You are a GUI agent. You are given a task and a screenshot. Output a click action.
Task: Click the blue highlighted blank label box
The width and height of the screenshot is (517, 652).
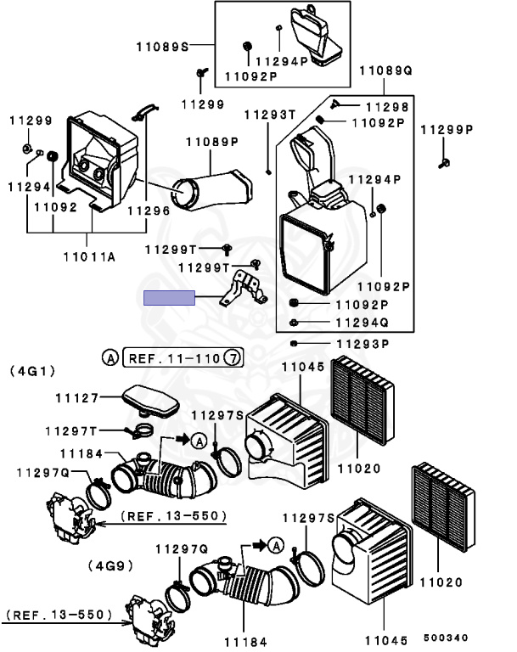click(169, 298)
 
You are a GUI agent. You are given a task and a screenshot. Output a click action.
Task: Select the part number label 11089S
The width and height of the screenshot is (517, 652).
click(163, 46)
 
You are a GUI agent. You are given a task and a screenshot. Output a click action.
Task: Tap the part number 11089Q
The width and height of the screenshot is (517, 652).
click(385, 70)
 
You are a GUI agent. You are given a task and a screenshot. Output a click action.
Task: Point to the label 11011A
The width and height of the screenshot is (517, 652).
click(89, 257)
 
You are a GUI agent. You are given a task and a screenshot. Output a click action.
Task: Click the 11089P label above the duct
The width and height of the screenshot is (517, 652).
click(212, 142)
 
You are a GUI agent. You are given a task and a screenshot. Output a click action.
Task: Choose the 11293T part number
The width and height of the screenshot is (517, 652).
click(270, 115)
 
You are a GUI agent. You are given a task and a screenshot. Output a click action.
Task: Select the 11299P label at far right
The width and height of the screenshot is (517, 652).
click(447, 130)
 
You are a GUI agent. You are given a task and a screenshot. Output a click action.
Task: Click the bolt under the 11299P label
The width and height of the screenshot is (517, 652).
click(444, 163)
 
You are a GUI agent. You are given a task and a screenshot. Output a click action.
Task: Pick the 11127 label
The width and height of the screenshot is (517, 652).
click(77, 398)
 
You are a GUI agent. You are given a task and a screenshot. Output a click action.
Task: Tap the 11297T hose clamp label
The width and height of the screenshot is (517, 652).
click(71, 431)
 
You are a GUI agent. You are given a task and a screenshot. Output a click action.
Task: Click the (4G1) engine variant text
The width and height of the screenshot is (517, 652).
click(32, 370)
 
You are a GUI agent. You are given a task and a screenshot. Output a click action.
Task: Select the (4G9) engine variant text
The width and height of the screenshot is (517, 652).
click(110, 565)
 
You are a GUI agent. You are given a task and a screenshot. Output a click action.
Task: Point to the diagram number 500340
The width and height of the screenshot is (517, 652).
click(446, 638)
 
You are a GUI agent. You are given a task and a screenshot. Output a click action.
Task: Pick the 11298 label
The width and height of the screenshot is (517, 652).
click(387, 107)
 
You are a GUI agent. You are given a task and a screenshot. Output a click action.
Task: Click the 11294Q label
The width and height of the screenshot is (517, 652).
click(362, 323)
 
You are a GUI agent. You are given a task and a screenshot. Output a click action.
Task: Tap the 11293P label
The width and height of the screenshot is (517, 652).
click(362, 344)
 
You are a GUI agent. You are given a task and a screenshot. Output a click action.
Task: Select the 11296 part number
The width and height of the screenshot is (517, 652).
click(149, 211)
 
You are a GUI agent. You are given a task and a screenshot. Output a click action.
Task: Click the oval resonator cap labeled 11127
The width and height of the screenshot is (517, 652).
click(150, 402)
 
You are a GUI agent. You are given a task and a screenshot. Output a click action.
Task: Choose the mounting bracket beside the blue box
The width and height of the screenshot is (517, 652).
click(244, 288)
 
